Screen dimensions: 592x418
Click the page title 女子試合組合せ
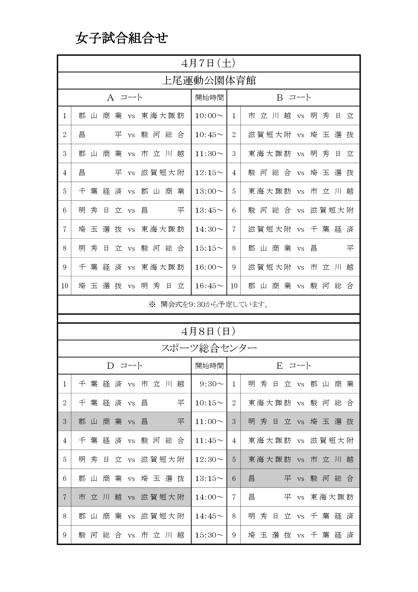coord(121,38)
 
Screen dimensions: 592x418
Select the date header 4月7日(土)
coord(209,63)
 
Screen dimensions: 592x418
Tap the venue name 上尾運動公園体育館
coord(209,81)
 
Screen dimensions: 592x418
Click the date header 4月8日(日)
coord(209,331)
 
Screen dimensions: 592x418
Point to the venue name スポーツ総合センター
coord(209,348)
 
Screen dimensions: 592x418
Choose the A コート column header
coord(124,97)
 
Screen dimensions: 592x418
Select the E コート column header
coord(294,366)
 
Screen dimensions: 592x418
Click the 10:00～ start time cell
coord(209,116)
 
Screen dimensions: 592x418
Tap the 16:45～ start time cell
coord(209,286)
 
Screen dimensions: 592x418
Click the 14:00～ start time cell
coord(209,497)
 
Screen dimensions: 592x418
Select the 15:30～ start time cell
coord(209,535)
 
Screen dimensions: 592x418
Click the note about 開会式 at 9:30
coord(209,304)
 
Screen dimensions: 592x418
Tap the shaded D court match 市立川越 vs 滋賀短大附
coord(131,497)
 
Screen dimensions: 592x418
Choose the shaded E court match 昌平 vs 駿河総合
coord(300,478)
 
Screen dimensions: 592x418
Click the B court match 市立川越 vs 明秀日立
coord(300,116)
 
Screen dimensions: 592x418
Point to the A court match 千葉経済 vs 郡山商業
coord(131,191)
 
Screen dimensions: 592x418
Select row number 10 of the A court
coord(65,286)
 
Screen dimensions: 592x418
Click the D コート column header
coord(124,366)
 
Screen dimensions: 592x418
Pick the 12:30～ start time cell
coord(209,459)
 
